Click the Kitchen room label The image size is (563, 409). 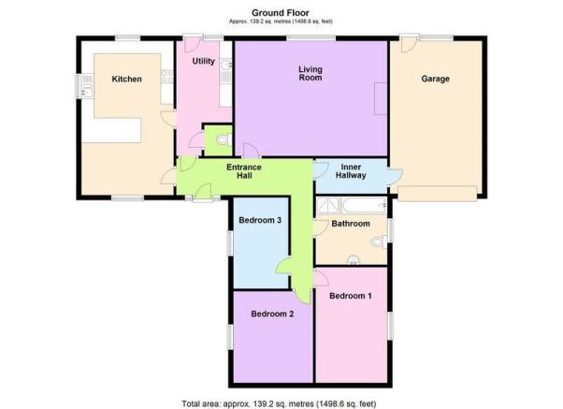(127, 79)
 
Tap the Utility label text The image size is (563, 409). (204, 62)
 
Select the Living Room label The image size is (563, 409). (310, 73)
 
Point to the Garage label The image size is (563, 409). (435, 79)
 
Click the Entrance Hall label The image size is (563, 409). (244, 171)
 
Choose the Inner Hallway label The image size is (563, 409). (351, 171)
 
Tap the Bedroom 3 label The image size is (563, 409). (260, 220)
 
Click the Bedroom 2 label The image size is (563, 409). (272, 314)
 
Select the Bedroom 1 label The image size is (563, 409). (351, 296)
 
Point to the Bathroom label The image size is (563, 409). (351, 224)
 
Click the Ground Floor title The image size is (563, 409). (281, 13)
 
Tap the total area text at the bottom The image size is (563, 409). (279, 403)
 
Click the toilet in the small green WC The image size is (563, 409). (225, 140)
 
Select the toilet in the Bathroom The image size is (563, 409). (379, 241)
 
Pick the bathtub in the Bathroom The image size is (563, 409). (364, 205)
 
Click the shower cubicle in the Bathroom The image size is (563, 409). (328, 205)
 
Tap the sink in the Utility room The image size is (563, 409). (226, 66)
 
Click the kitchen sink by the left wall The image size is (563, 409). (87, 92)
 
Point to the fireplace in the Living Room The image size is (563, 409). (381, 98)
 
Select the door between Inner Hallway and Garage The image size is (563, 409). (396, 177)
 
